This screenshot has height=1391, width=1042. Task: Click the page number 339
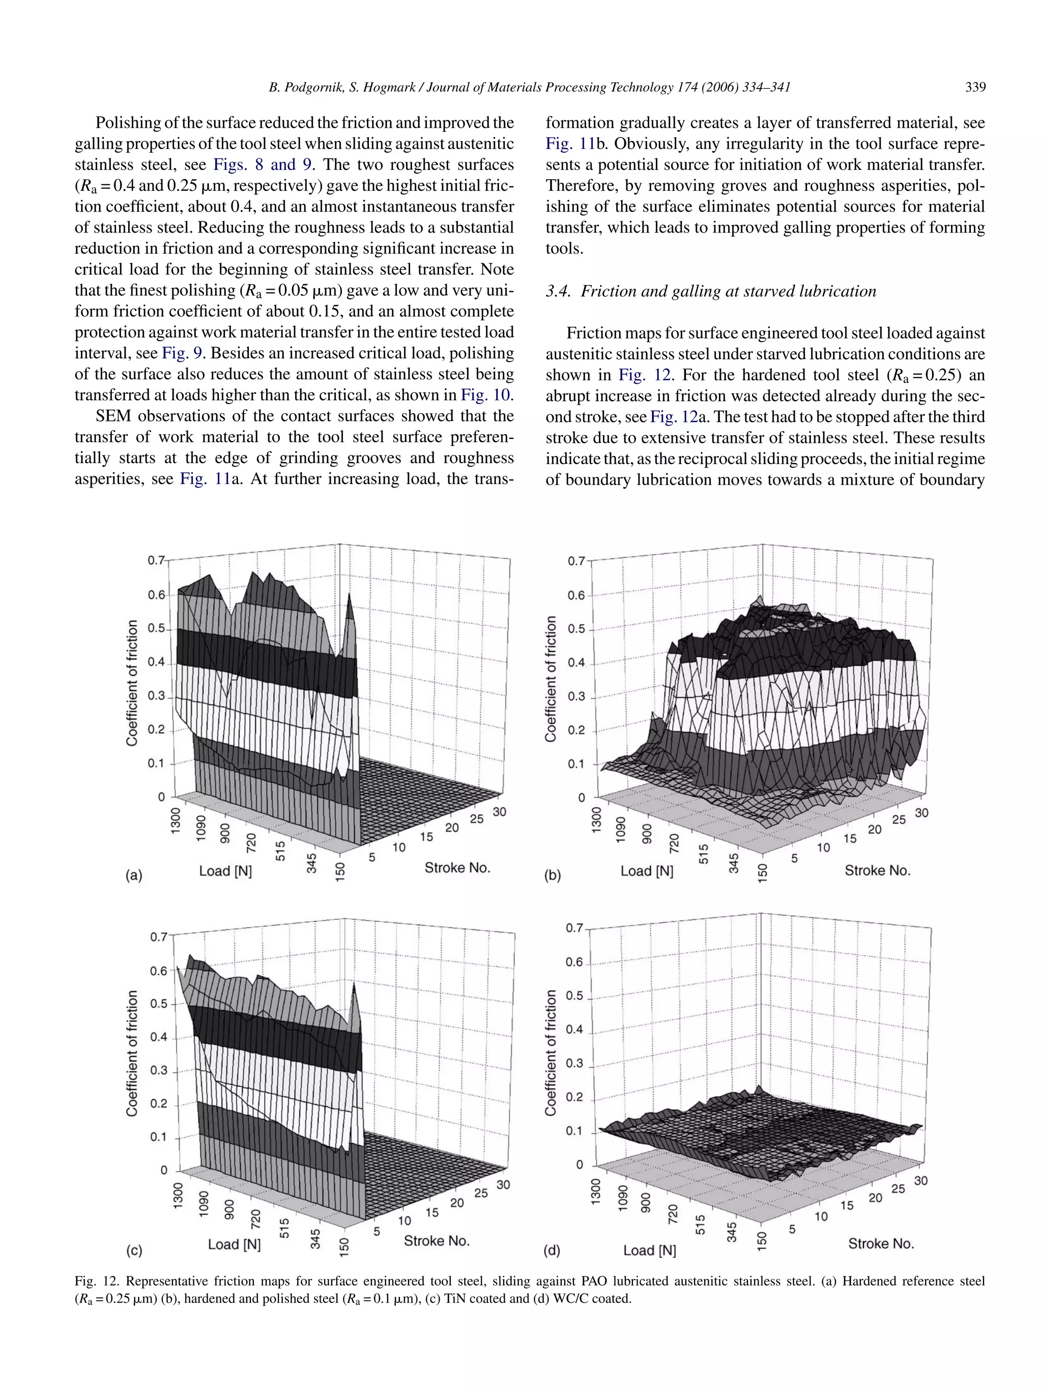pos(975,88)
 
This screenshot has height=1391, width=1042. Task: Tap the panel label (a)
pos(134,875)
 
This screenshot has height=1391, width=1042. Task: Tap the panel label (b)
pos(552,875)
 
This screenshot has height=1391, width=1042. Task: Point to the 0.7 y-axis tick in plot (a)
pos(156,560)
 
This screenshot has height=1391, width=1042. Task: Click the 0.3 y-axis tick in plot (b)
pos(575,697)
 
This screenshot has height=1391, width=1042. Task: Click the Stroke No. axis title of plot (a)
pos(457,868)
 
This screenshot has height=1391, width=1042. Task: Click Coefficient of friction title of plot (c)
pos(132,1054)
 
